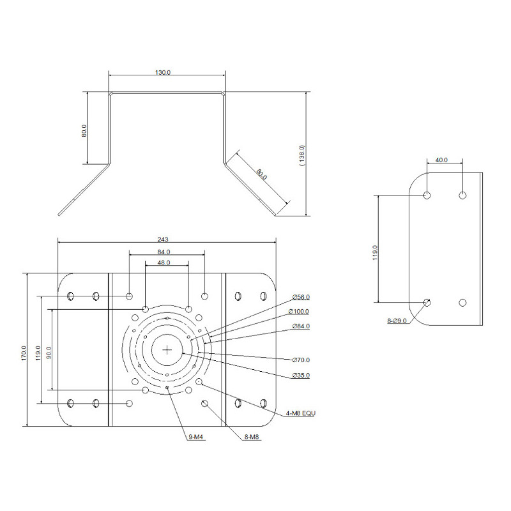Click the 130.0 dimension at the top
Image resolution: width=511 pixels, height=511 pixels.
tap(163, 72)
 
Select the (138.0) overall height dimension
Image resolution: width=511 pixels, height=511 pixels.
tap(303, 155)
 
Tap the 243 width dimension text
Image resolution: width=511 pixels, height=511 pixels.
tap(167, 240)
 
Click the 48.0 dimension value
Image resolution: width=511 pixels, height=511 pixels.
tap(164, 263)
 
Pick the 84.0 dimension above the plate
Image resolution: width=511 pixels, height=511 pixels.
tap(164, 252)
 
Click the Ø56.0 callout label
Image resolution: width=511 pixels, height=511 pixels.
tap(300, 297)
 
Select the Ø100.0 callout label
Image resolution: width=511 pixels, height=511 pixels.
tap(299, 311)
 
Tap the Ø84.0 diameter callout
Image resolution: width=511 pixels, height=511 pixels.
tap(300, 326)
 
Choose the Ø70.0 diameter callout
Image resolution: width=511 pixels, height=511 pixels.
tap(300, 360)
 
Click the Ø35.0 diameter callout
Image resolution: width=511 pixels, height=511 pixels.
tap(300, 375)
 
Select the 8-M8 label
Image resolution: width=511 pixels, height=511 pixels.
tap(251, 438)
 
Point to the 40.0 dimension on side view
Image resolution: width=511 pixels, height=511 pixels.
tap(441, 160)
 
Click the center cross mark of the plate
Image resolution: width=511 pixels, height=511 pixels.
tap(167, 349)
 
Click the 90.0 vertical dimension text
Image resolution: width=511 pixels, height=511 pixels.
tap(49, 351)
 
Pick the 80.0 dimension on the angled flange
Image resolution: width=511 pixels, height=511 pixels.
tap(261, 174)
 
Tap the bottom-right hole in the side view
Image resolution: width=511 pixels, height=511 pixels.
tap(463, 301)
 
